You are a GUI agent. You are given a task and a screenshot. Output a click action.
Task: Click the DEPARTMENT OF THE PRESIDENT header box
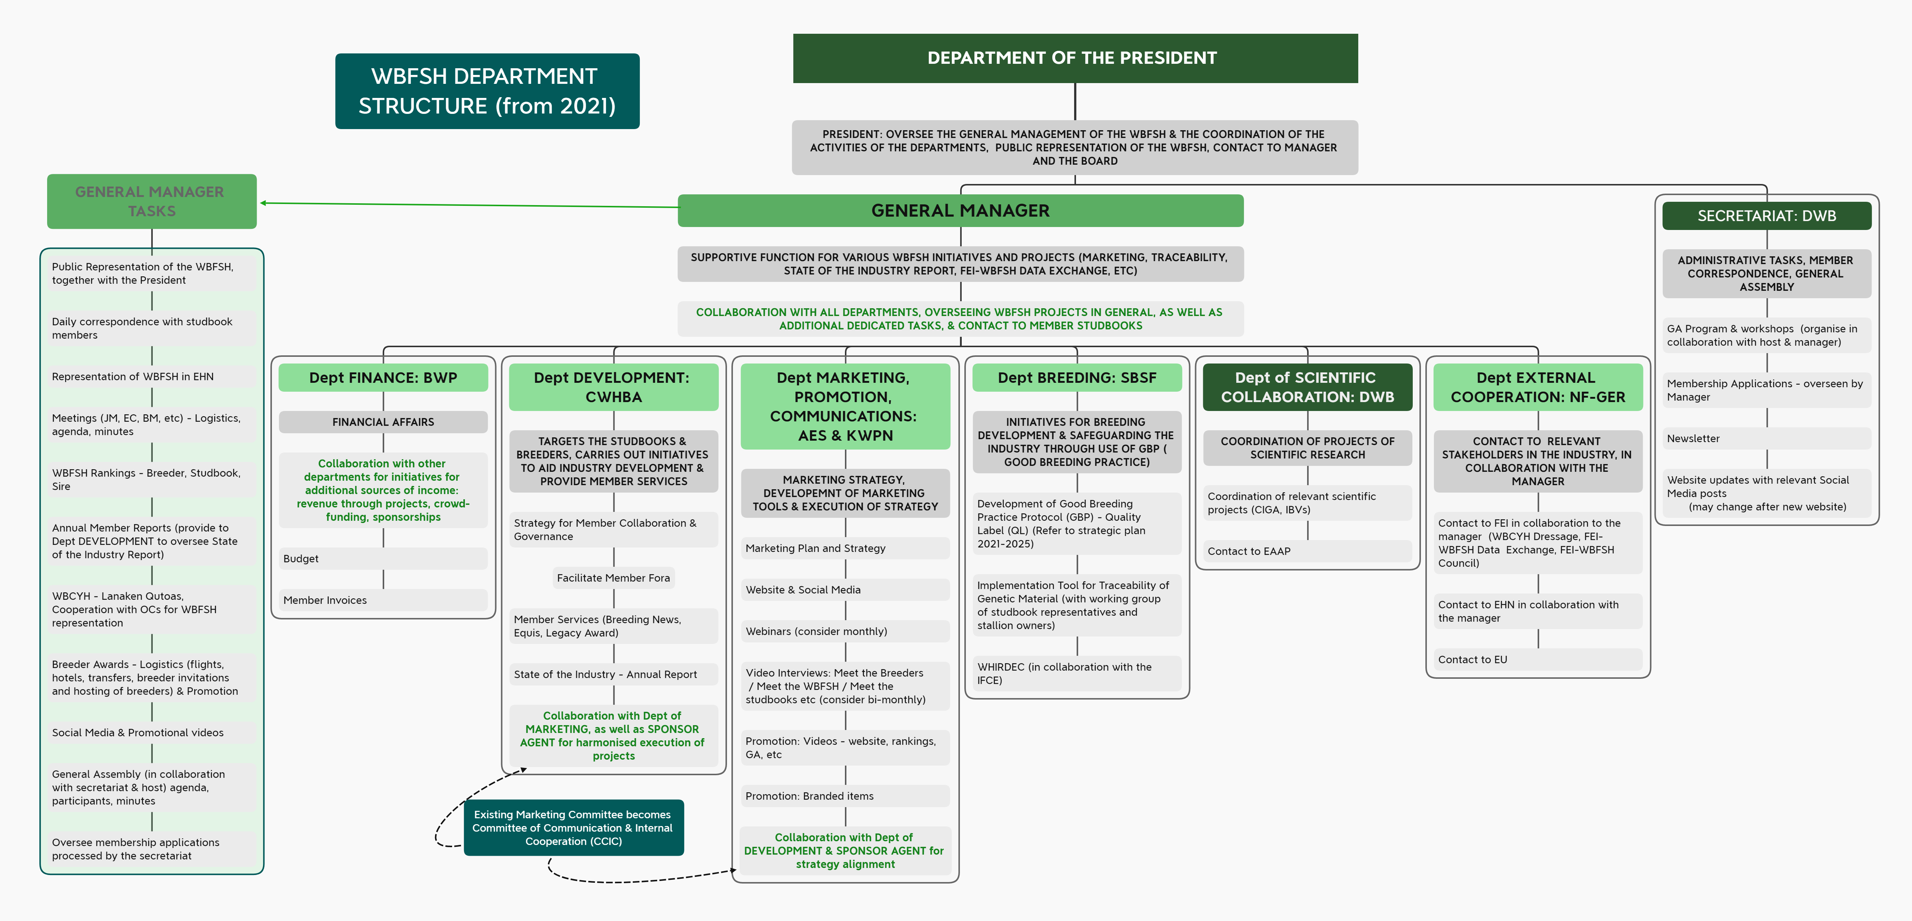[1075, 58]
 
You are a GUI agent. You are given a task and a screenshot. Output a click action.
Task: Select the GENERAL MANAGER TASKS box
[151, 201]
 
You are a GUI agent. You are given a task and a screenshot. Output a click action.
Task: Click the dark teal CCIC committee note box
[573, 828]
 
